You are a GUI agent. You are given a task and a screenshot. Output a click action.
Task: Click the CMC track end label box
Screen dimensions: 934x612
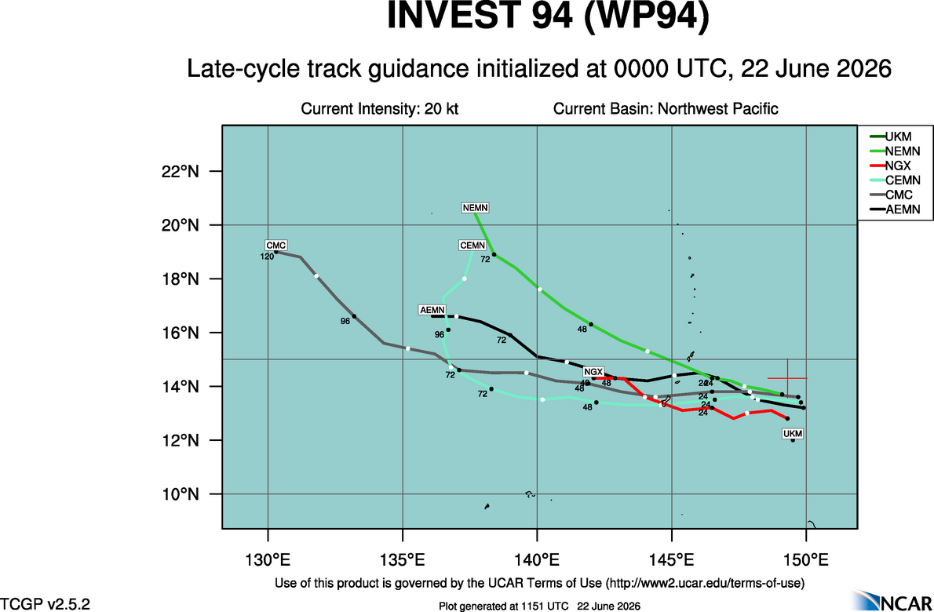click(x=276, y=246)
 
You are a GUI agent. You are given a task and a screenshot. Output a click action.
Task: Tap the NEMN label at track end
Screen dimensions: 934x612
click(x=476, y=208)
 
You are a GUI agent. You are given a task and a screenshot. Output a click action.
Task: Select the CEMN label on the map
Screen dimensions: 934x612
click(x=473, y=246)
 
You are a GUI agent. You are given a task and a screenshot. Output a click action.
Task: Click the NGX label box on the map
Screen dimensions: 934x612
click(x=593, y=371)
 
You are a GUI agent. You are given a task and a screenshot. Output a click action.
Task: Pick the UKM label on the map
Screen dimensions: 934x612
click(x=793, y=434)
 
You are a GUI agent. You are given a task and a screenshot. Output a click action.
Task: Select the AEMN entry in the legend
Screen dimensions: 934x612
click(x=895, y=209)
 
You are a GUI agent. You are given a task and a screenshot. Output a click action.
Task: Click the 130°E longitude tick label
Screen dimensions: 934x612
click(x=268, y=560)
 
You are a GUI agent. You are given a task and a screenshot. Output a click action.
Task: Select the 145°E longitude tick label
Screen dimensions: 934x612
click(x=672, y=560)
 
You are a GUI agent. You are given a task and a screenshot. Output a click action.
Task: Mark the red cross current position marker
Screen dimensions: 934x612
click(x=787, y=378)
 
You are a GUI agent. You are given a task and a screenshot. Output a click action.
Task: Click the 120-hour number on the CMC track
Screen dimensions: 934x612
click(x=267, y=257)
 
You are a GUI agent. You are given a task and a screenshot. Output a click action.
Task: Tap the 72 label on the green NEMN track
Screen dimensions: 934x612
click(x=486, y=260)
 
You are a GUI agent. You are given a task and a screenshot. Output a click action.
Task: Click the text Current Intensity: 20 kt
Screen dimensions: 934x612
click(x=379, y=109)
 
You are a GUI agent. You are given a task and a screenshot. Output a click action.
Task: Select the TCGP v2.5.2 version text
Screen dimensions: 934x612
click(x=46, y=604)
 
